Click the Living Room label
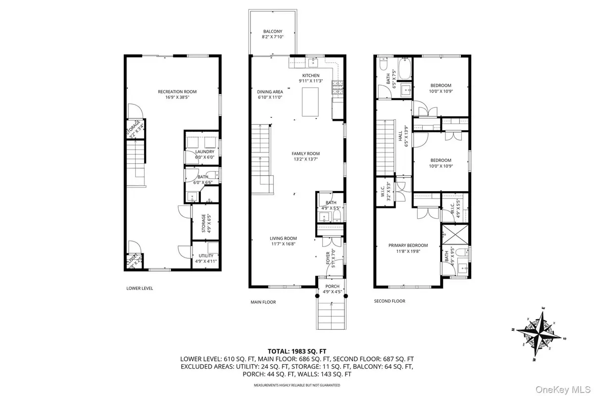283,238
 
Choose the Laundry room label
204,151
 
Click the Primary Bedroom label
408,245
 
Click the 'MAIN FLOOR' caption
263,302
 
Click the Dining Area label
270,92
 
